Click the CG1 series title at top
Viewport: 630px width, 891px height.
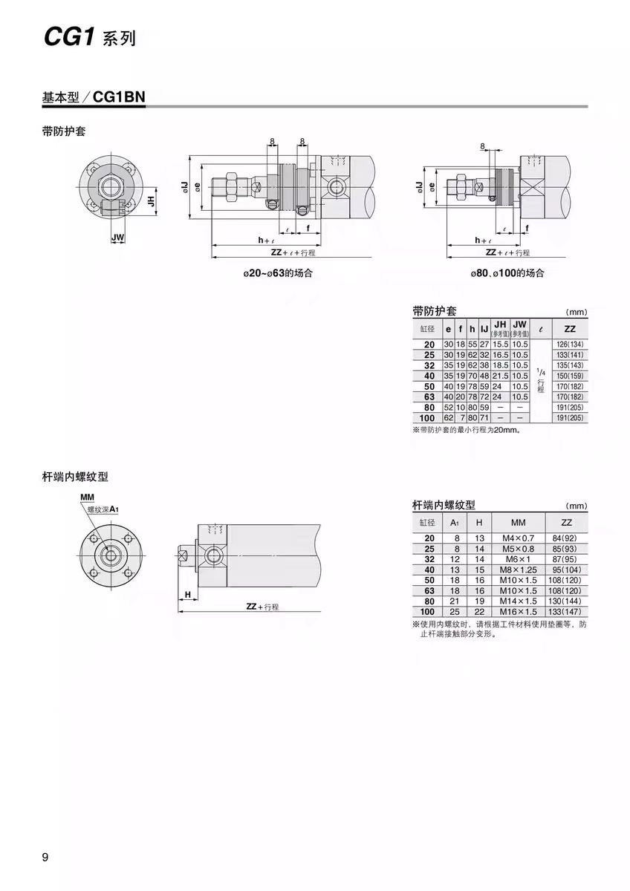coord(89,38)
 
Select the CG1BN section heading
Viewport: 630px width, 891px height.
coord(93,97)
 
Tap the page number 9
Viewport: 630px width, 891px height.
coord(45,858)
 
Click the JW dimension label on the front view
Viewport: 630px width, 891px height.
coord(117,238)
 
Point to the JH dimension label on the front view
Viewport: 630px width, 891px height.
coord(151,200)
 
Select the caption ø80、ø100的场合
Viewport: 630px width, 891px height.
coord(507,273)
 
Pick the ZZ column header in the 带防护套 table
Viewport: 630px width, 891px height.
coord(569,328)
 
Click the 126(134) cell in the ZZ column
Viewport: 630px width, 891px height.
coord(569,345)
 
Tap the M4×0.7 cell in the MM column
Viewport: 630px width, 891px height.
coord(518,538)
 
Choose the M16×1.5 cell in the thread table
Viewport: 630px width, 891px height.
coord(518,611)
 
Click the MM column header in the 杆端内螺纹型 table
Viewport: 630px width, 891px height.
coord(518,522)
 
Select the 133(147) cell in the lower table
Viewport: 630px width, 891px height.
coord(566,611)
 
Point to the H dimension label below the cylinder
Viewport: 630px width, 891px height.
coord(188,594)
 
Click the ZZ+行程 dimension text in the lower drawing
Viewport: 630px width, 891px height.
coord(262,607)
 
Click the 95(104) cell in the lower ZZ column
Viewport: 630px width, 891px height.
coord(566,569)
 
